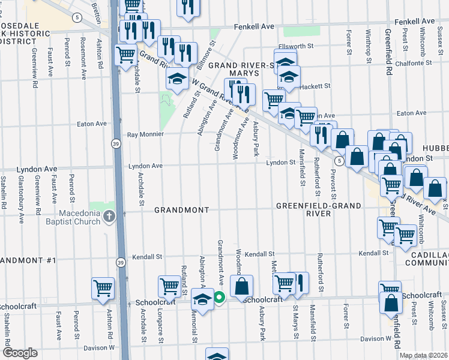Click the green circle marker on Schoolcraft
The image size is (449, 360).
point(220,296)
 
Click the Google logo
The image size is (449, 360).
point(20,353)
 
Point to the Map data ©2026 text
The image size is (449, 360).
point(424,355)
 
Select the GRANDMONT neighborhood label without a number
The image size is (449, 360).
point(181,210)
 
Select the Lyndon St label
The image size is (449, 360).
point(281,163)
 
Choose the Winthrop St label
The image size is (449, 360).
point(368,42)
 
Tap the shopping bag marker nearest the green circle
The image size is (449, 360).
point(241,287)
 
